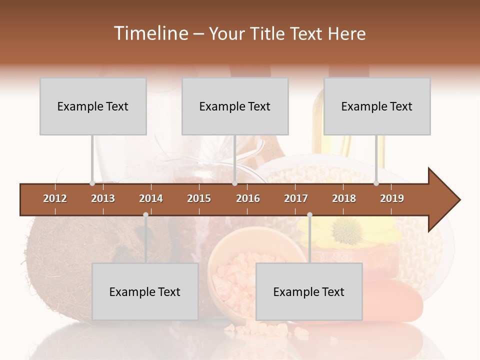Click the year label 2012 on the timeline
pyautogui.click(x=55, y=198)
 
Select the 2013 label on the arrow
pyautogui.click(x=103, y=198)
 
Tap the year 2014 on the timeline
pyautogui.click(x=151, y=198)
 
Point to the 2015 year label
pyautogui.click(x=199, y=198)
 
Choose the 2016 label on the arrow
pyautogui.click(x=248, y=198)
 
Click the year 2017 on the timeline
pyautogui.click(x=296, y=198)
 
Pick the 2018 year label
pyautogui.click(x=344, y=198)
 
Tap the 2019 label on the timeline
pyautogui.click(x=392, y=198)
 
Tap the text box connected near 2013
pyautogui.click(x=93, y=106)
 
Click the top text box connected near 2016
pyautogui.click(x=235, y=106)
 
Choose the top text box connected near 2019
pyautogui.click(x=377, y=106)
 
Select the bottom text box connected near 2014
pyautogui.click(x=145, y=292)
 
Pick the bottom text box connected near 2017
pyautogui.click(x=309, y=292)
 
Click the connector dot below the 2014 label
pyautogui.click(x=145, y=215)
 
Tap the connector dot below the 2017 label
pyautogui.click(x=309, y=215)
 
